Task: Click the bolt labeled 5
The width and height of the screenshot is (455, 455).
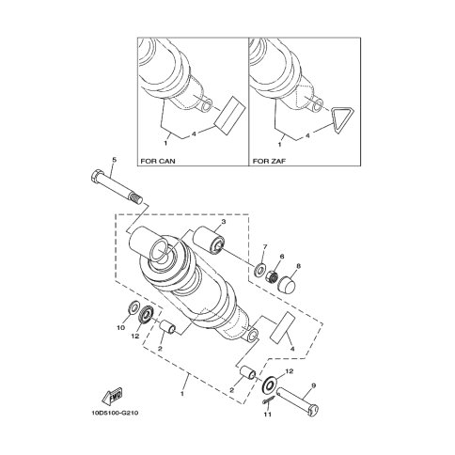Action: click(117, 187)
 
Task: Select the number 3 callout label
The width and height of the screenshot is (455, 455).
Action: click(223, 222)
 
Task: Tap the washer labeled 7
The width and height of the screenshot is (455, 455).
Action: click(259, 269)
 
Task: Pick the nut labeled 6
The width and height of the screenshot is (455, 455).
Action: click(273, 275)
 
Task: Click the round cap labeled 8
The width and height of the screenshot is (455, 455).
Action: click(286, 284)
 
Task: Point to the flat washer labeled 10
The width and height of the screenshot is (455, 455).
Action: click(134, 307)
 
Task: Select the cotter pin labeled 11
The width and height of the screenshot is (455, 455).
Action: click(269, 400)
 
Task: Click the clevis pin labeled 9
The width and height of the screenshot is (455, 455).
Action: click(298, 402)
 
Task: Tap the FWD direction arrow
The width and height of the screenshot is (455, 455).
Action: click(113, 396)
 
